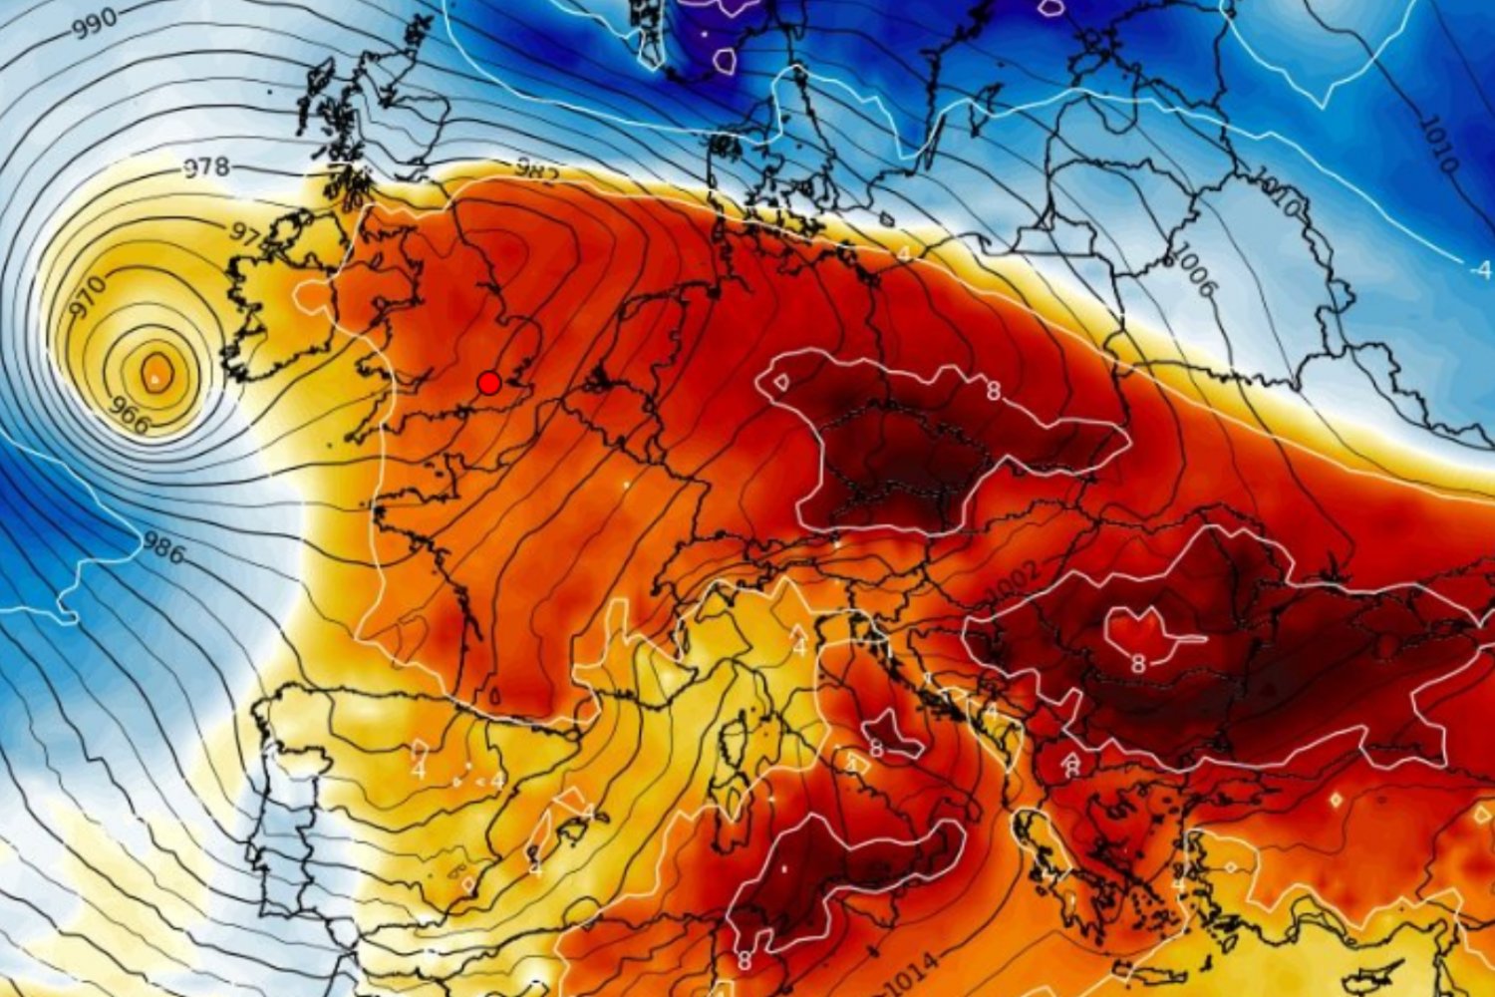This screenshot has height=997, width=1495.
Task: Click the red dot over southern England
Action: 488,383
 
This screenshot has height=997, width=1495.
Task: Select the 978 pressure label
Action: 206,167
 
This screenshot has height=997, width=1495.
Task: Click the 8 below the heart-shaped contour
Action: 1137,663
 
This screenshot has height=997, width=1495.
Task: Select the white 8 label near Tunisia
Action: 746,961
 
